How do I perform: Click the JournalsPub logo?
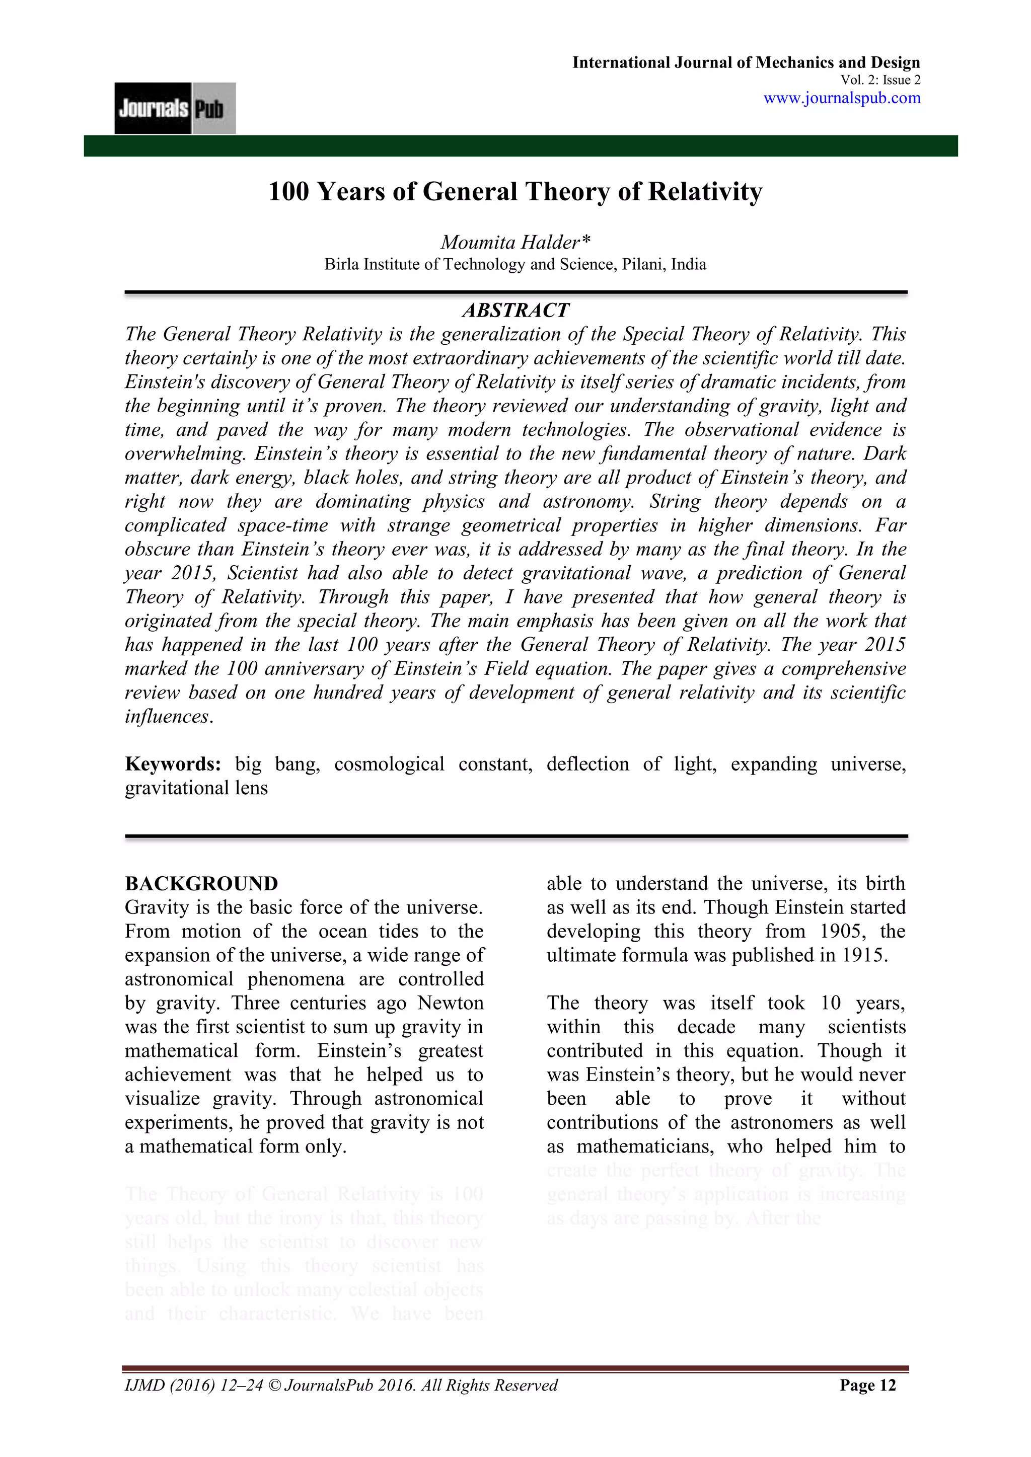pyautogui.click(x=175, y=109)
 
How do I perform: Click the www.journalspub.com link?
pyautogui.click(x=841, y=98)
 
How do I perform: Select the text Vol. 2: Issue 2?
pyautogui.click(x=880, y=80)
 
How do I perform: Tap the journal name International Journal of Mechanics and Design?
pyautogui.click(x=746, y=62)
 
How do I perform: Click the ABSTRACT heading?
pyautogui.click(x=515, y=311)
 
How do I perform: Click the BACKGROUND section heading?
pyautogui.click(x=201, y=884)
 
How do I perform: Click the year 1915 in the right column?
pyautogui.click(x=863, y=956)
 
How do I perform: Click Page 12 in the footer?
pyautogui.click(x=867, y=1386)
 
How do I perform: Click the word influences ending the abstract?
pyautogui.click(x=166, y=717)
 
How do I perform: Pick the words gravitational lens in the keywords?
pyautogui.click(x=196, y=788)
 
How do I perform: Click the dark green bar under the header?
pyautogui.click(x=521, y=146)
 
